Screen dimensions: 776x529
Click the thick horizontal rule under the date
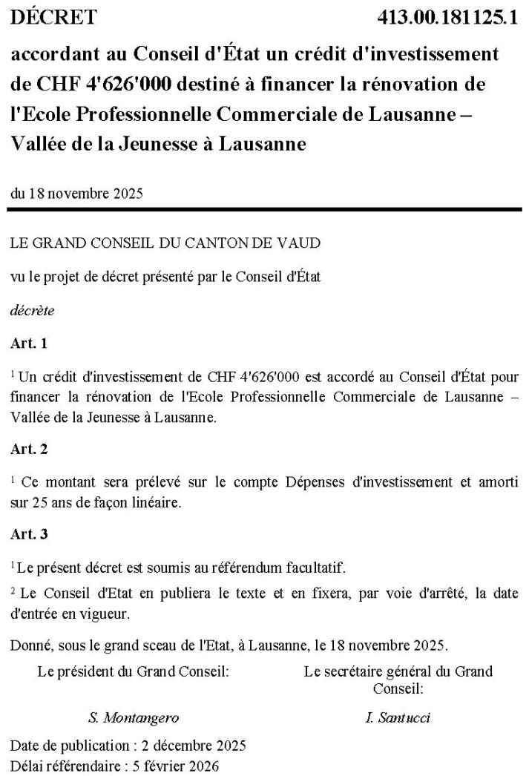tap(264, 211)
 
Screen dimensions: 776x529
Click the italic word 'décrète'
tap(32, 311)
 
